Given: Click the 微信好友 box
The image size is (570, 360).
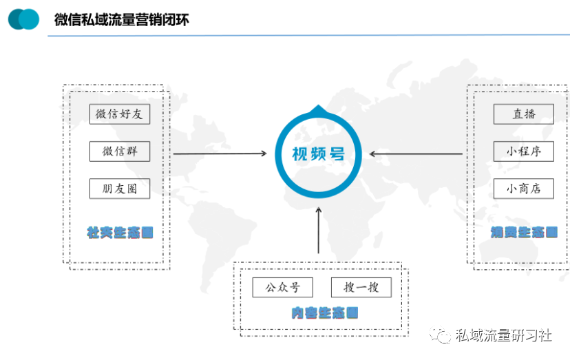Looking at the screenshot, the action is tap(120, 114).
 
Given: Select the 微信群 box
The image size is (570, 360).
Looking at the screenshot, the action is tap(120, 151).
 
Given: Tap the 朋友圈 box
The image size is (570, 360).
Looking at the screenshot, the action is tap(120, 188).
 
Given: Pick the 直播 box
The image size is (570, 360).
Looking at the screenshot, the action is tap(523, 114).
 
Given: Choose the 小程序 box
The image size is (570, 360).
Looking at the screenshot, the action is tap(523, 151).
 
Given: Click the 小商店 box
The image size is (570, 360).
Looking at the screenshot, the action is tap(523, 188).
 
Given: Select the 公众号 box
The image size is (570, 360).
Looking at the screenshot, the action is tap(282, 287).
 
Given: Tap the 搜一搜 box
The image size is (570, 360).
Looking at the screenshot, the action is tap(361, 287).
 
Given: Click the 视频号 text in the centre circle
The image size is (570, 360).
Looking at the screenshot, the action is tap(318, 153).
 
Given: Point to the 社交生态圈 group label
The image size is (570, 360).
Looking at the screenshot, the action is tap(120, 232).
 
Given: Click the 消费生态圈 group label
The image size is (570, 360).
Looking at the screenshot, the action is tap(524, 232).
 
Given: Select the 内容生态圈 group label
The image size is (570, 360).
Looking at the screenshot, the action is tap(324, 313).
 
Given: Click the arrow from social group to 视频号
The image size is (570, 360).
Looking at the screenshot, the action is tap(220, 153).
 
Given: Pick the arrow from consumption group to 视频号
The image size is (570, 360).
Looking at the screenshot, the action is tap(416, 153).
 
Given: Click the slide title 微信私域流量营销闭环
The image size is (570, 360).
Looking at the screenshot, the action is tap(122, 20).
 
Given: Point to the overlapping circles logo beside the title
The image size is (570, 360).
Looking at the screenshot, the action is tap(24, 19).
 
